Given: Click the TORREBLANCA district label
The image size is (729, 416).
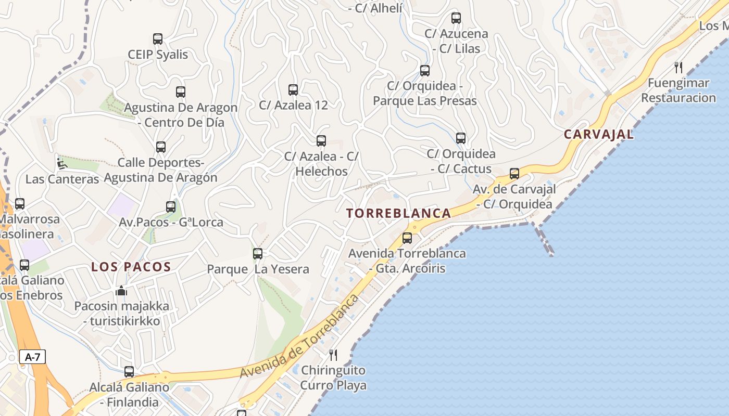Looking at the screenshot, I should pos(399,213).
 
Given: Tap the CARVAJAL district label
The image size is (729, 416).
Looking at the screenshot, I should pos(599,134).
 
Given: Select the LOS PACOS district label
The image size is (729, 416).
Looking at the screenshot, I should pos(131,267).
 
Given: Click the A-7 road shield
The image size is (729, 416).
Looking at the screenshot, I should pos(32,357).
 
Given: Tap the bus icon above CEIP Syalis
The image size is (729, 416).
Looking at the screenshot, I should pos(158,39).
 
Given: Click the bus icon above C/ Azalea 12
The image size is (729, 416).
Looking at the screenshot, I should pos(293,90).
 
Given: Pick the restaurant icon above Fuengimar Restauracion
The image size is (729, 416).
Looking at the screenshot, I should pos(678,67).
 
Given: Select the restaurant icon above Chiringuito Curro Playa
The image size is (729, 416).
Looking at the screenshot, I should pos(333,355).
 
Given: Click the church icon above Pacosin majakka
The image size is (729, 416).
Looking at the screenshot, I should pos(121,290).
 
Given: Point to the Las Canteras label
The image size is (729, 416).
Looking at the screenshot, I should pos(62,179).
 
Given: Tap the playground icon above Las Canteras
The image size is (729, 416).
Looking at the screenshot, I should pos(61,163).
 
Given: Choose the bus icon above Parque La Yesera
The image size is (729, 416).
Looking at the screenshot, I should pos(258,254).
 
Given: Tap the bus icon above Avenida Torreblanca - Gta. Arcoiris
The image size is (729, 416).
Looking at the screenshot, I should pos(407,238).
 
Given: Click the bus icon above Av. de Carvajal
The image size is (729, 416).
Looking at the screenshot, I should pos(514,174).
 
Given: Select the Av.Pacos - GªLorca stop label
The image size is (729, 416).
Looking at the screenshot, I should pos(171,223).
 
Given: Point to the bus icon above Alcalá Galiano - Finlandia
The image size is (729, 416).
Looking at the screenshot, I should pos(129,372).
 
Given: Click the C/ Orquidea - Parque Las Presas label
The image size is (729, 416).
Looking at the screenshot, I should pos(425,93).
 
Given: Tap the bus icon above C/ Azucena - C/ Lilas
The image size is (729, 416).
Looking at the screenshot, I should pos(456,18).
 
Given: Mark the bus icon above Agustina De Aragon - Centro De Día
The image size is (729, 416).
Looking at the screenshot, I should pos(181,92).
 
